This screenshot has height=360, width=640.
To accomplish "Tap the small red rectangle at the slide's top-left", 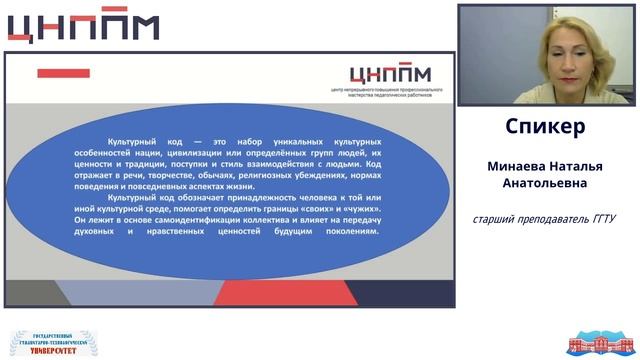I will click(x=63, y=73).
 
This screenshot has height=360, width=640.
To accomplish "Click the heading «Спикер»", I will click(x=546, y=128).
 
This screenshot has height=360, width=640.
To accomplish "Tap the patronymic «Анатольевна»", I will click(x=546, y=184).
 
